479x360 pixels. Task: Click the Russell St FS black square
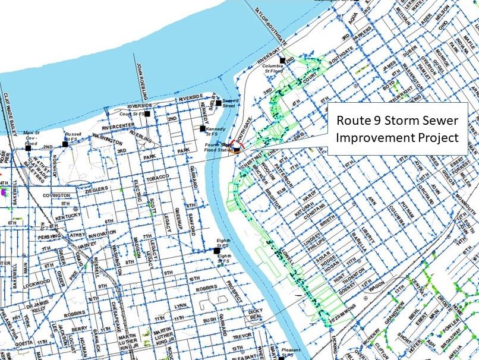(65, 144)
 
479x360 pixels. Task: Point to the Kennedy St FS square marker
(203, 128)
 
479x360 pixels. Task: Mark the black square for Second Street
(219, 103)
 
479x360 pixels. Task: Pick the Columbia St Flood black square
(282, 61)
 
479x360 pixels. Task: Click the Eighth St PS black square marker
(216, 251)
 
